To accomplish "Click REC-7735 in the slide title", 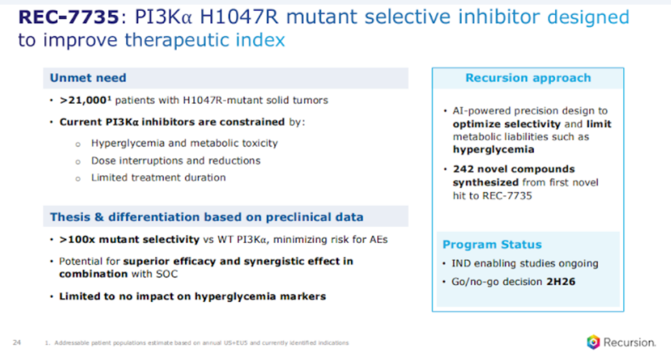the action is point(69,17).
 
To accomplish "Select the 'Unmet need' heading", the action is point(88,78).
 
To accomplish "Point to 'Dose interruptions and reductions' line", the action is point(176,161).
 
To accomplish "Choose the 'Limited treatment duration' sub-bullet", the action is point(158,178).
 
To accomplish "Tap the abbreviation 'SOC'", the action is point(166,274).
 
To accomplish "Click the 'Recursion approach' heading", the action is point(528,78).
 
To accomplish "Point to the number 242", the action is point(463,169).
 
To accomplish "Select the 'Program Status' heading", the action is point(492,245).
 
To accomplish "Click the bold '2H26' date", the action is point(561,282).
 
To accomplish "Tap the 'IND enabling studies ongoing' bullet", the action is point(525,263).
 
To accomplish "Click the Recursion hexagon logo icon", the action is point(593,342).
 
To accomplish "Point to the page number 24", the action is point(17,342).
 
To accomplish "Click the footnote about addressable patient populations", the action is point(197,343).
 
